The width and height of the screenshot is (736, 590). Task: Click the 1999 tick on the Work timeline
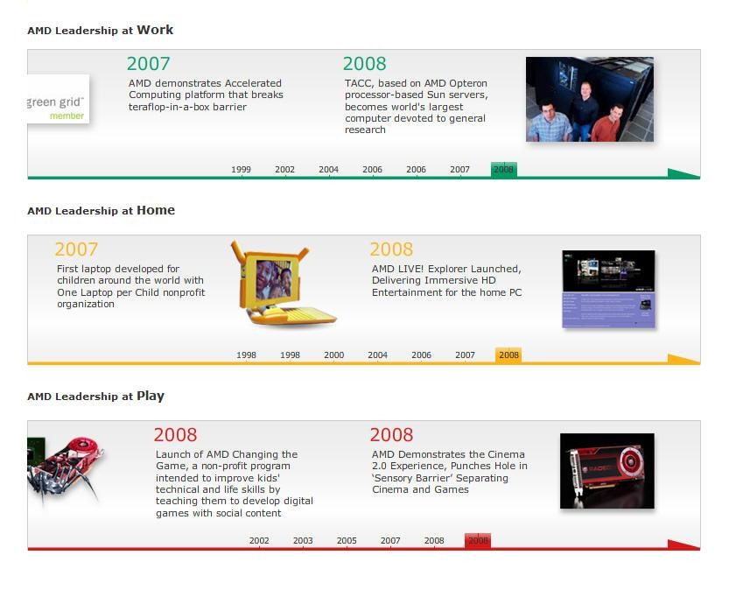click(241, 170)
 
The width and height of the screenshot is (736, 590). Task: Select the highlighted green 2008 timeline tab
click(504, 170)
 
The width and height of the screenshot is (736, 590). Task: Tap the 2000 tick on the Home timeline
click(333, 355)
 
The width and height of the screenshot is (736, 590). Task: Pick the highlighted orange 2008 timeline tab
click(508, 355)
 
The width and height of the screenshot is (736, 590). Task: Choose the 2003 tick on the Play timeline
click(303, 541)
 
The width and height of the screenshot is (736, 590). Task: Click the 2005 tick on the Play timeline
click(347, 541)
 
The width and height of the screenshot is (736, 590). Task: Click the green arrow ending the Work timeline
click(683, 173)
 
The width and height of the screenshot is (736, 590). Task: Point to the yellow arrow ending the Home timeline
click(683, 360)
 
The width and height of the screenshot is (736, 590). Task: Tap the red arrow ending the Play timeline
click(683, 545)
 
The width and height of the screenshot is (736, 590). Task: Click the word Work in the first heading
click(155, 30)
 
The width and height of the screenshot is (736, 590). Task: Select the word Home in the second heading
click(156, 210)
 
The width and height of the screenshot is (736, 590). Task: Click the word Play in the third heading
click(151, 397)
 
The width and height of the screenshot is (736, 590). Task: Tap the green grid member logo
click(58, 99)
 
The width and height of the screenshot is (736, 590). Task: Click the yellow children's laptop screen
click(274, 279)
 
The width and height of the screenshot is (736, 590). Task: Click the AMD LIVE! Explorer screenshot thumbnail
click(608, 289)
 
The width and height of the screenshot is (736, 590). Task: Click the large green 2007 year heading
click(148, 64)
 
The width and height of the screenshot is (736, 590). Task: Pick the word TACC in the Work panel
click(359, 83)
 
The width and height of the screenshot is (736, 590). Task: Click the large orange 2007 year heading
click(76, 249)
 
